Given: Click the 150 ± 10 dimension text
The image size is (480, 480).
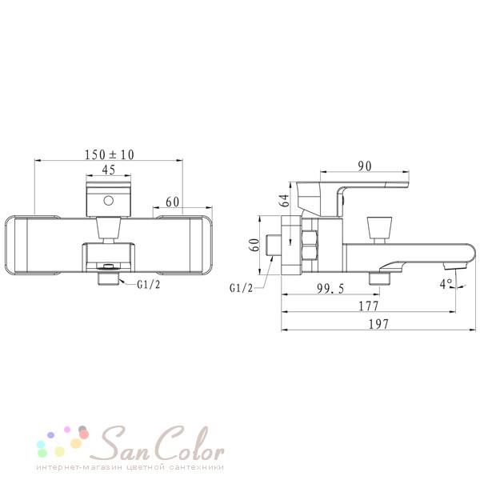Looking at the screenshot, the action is (110, 154).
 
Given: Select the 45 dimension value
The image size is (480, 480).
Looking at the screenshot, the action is (108, 170).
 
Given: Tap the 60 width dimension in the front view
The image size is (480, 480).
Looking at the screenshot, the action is (172, 202).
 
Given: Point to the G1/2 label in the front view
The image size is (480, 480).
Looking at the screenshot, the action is (149, 285).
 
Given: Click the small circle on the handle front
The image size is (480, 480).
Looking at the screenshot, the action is (108, 201).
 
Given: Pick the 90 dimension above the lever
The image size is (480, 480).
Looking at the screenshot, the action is (365, 166).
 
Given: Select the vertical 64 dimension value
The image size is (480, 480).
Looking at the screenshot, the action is (285, 201).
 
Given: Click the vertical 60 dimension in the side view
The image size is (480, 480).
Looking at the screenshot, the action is (254, 245).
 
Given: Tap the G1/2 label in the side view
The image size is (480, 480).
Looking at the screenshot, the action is (242, 288).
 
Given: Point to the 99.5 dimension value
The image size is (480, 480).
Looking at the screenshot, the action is (330, 289).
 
